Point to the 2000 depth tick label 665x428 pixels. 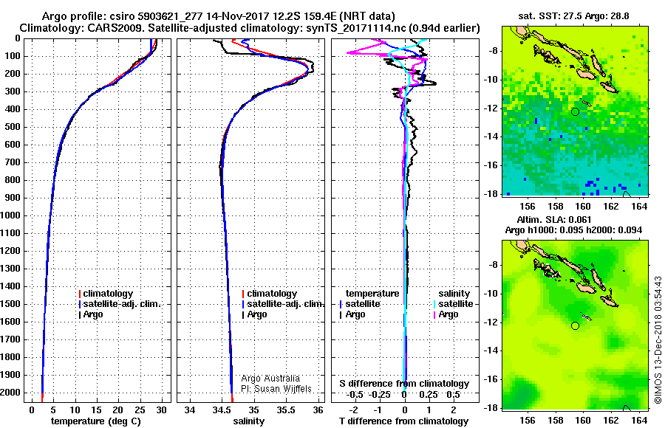[x=11, y=393]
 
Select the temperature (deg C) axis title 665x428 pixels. [x=96, y=421]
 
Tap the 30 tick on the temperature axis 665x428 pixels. [x=161, y=410]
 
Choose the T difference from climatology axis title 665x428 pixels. [x=403, y=421]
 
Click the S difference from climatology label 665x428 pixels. [x=404, y=384]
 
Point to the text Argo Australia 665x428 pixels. [x=270, y=379]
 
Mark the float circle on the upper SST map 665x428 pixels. [x=575, y=112]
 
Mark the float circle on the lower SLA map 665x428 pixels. [x=575, y=326]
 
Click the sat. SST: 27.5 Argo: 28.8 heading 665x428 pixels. [x=574, y=16]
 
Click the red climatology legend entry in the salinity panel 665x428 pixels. [x=270, y=294]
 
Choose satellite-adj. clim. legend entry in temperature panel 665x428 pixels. [x=120, y=304]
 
